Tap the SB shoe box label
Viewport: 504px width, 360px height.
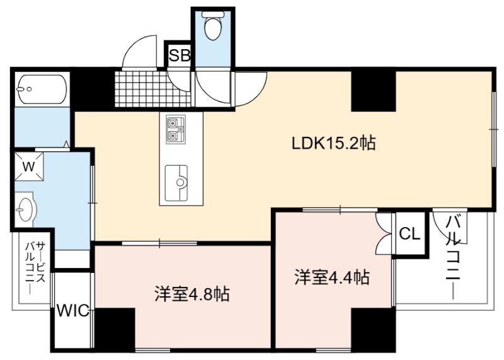coord(180,55)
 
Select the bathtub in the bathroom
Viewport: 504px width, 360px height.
coord(42,89)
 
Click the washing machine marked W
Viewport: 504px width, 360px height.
coord(28,166)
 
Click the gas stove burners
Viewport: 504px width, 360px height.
coord(176,129)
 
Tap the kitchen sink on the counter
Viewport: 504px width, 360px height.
coord(176,183)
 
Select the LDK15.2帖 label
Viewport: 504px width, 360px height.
coord(333,143)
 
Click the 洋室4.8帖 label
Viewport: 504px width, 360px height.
coord(192,294)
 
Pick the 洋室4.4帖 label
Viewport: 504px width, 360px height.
coord(332,277)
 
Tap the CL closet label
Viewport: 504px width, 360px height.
coord(409,234)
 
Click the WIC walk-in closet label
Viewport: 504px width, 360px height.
coord(73,310)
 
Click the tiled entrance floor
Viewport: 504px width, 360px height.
coord(152,88)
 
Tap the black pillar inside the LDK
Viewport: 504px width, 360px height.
coord(373,91)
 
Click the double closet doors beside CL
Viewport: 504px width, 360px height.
coord(384,233)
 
